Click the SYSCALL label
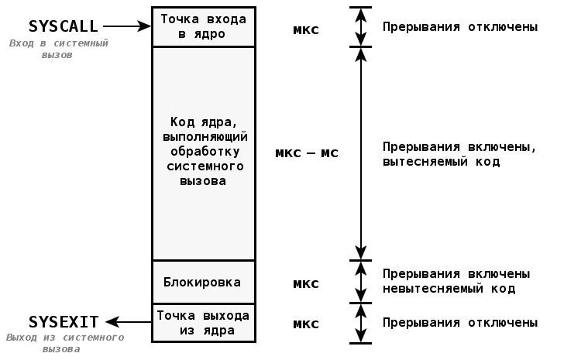(63, 26)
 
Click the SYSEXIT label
(64, 321)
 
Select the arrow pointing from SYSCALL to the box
(126, 26)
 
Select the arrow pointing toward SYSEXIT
(129, 321)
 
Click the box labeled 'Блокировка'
(202, 282)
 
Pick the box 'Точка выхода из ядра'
(203, 323)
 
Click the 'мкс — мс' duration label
(307, 153)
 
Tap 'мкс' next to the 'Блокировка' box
(306, 283)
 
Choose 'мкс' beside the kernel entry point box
(306, 30)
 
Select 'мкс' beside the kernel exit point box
(306, 324)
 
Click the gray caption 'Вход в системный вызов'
(59, 50)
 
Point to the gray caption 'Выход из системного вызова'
(64, 343)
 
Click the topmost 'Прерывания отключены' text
(460, 26)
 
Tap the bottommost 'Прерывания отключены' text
(460, 322)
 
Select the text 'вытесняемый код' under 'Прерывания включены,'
(441, 162)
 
